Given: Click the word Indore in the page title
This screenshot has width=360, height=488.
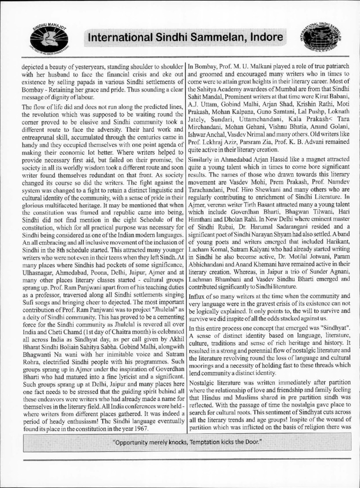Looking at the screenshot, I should tap(260, 38).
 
